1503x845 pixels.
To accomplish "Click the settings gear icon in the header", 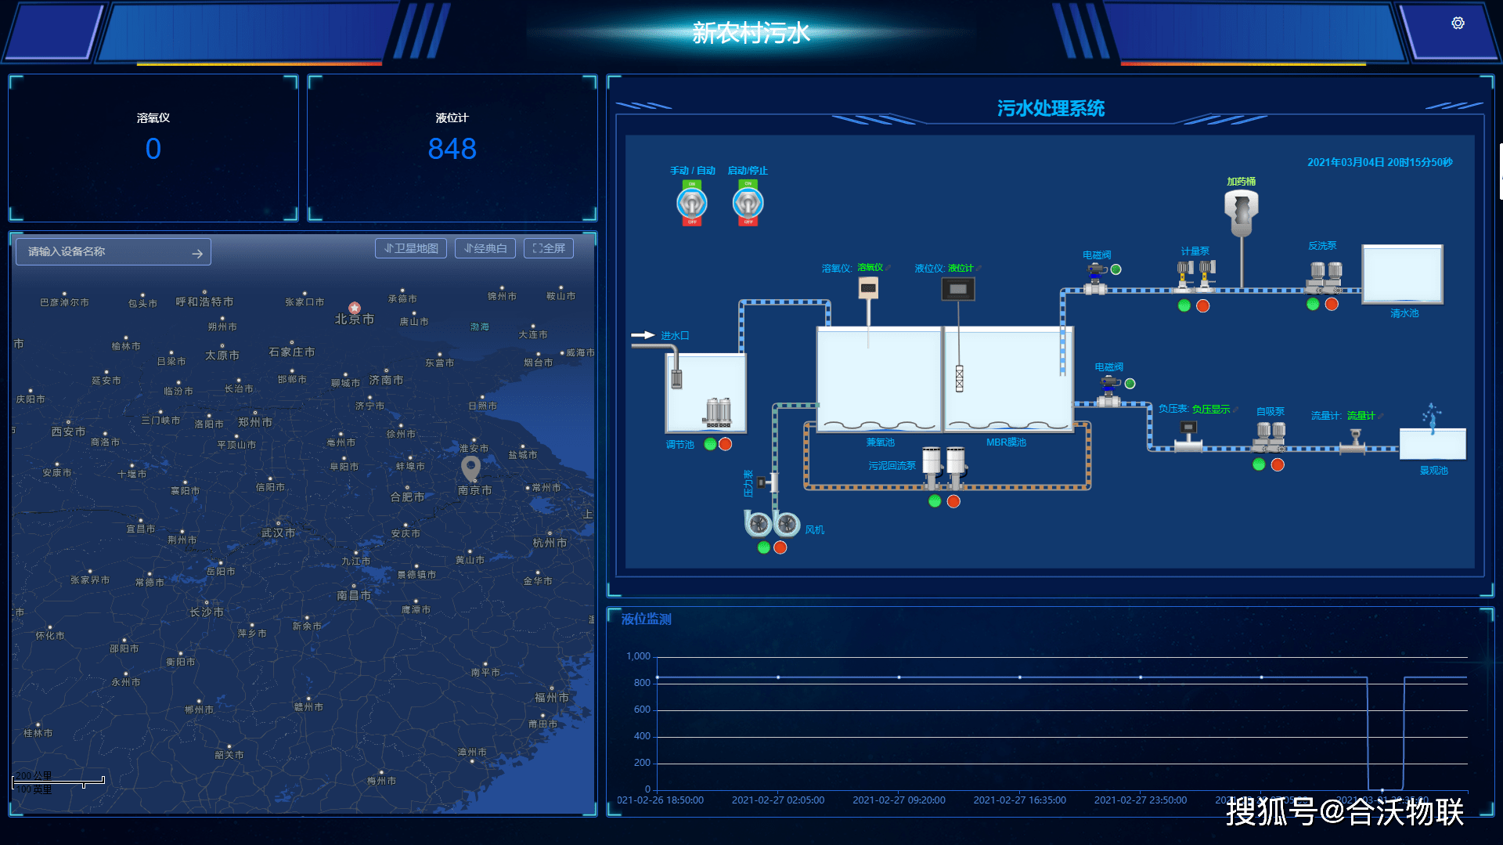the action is point(1458,23).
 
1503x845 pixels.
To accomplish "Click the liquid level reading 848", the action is point(452,149).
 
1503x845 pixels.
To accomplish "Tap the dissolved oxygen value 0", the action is point(153,149).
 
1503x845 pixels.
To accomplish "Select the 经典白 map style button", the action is point(485,248).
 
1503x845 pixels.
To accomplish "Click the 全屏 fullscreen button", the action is point(549,248).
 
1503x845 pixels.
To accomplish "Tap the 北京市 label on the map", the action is point(354,319).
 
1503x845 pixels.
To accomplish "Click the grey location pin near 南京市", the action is point(470,468).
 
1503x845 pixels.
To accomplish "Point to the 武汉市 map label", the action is point(278,533).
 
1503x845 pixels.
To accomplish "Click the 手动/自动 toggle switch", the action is point(692,204).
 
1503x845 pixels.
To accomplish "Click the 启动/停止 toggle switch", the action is point(748,204).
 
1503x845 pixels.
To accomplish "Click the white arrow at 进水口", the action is point(643,335).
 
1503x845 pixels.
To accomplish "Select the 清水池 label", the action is point(1404,313).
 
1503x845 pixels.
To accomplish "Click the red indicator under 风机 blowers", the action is point(780,547).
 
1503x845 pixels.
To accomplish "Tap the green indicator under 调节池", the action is point(710,444).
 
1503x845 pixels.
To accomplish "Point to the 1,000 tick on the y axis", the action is point(638,656).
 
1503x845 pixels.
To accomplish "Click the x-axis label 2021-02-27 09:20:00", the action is point(899,800).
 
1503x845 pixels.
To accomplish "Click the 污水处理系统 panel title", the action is point(1051,108).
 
